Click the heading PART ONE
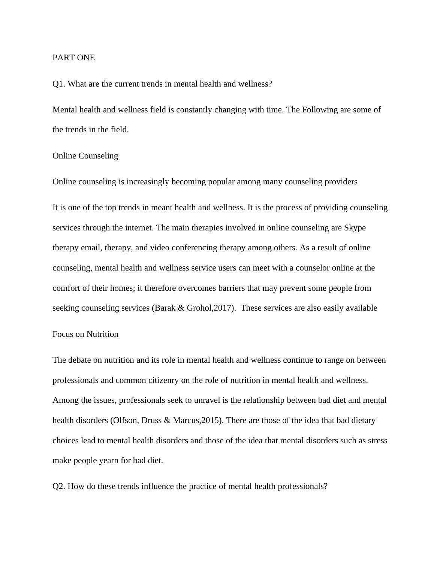73,58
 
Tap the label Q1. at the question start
59,84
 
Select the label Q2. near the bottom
59,486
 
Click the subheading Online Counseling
85,156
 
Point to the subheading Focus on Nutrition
85,334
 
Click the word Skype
355,228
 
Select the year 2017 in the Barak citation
223,308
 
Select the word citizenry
161,380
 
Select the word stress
377,441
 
